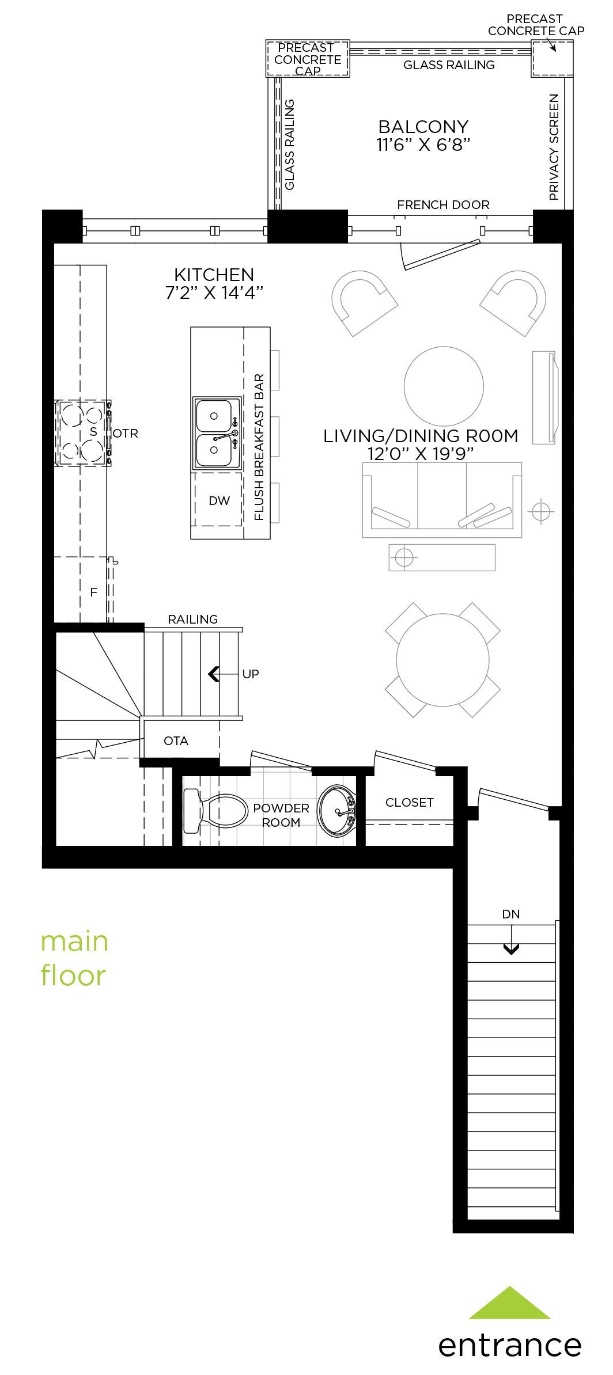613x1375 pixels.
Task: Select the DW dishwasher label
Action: coord(219,500)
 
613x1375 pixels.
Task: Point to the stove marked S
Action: coord(84,433)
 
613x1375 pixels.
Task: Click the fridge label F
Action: coord(93,591)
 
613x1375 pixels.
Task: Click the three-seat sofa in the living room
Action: coord(442,500)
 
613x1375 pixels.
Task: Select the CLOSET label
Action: coord(409,802)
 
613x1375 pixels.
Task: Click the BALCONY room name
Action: coord(423,127)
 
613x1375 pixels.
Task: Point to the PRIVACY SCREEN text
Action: coord(554,147)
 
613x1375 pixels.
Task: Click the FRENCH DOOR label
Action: coord(443,204)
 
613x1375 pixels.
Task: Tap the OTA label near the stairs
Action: coord(176,740)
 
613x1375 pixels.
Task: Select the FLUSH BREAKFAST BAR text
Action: coord(259,447)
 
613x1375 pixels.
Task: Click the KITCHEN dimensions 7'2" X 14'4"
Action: coord(214,293)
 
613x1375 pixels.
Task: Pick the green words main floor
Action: coord(74,959)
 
